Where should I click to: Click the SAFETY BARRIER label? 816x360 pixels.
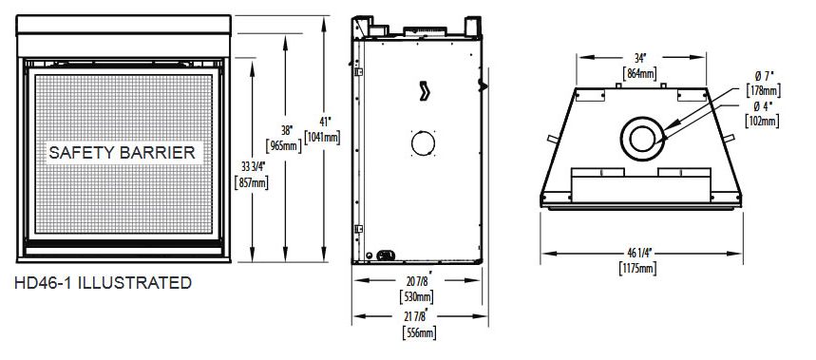point(122,153)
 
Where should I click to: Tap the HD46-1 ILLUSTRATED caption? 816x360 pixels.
point(103,283)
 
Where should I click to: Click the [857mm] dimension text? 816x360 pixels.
point(252,183)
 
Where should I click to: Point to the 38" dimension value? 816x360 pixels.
point(285,129)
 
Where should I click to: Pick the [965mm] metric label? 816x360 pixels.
point(284,145)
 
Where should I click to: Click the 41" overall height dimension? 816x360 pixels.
point(325,122)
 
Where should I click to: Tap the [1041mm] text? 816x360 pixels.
point(322,138)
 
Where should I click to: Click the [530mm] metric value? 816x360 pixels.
point(416,297)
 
